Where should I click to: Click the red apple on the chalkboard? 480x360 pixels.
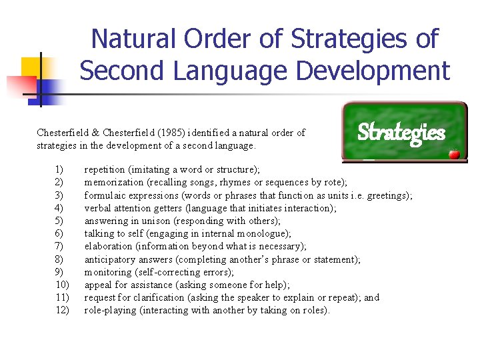(455, 154)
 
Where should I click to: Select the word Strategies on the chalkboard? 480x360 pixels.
(401, 133)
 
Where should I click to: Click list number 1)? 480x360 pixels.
(60, 170)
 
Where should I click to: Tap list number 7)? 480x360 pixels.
(60, 247)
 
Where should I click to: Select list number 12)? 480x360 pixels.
(63, 310)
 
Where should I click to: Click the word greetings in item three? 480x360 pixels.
(389, 195)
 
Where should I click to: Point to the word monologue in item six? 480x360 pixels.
(259, 233)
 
